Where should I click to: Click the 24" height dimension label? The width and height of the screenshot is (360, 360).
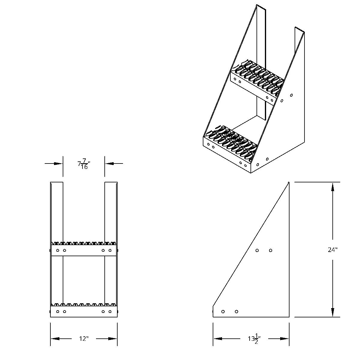click(332, 250)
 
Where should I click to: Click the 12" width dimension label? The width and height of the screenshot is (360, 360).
click(84, 339)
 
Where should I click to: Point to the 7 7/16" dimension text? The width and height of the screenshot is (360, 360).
click(84, 164)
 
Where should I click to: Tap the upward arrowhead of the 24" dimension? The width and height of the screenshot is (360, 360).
click(332, 187)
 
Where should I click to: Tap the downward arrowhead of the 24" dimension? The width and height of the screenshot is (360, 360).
click(332, 313)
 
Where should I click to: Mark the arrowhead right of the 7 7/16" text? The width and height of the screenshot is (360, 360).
click(109, 163)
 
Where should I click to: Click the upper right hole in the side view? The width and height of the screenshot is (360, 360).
click(271, 250)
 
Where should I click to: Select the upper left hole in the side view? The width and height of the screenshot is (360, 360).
click(257, 250)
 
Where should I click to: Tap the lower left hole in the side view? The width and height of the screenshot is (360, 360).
click(223, 312)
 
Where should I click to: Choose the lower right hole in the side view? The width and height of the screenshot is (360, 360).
click(236, 312)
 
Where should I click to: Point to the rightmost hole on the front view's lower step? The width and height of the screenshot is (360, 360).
click(110, 312)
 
